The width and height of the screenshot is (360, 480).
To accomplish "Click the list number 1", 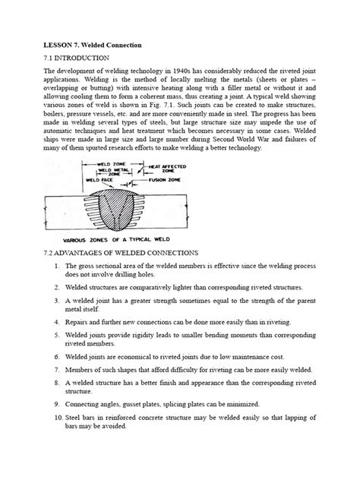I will [x=58, y=266].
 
